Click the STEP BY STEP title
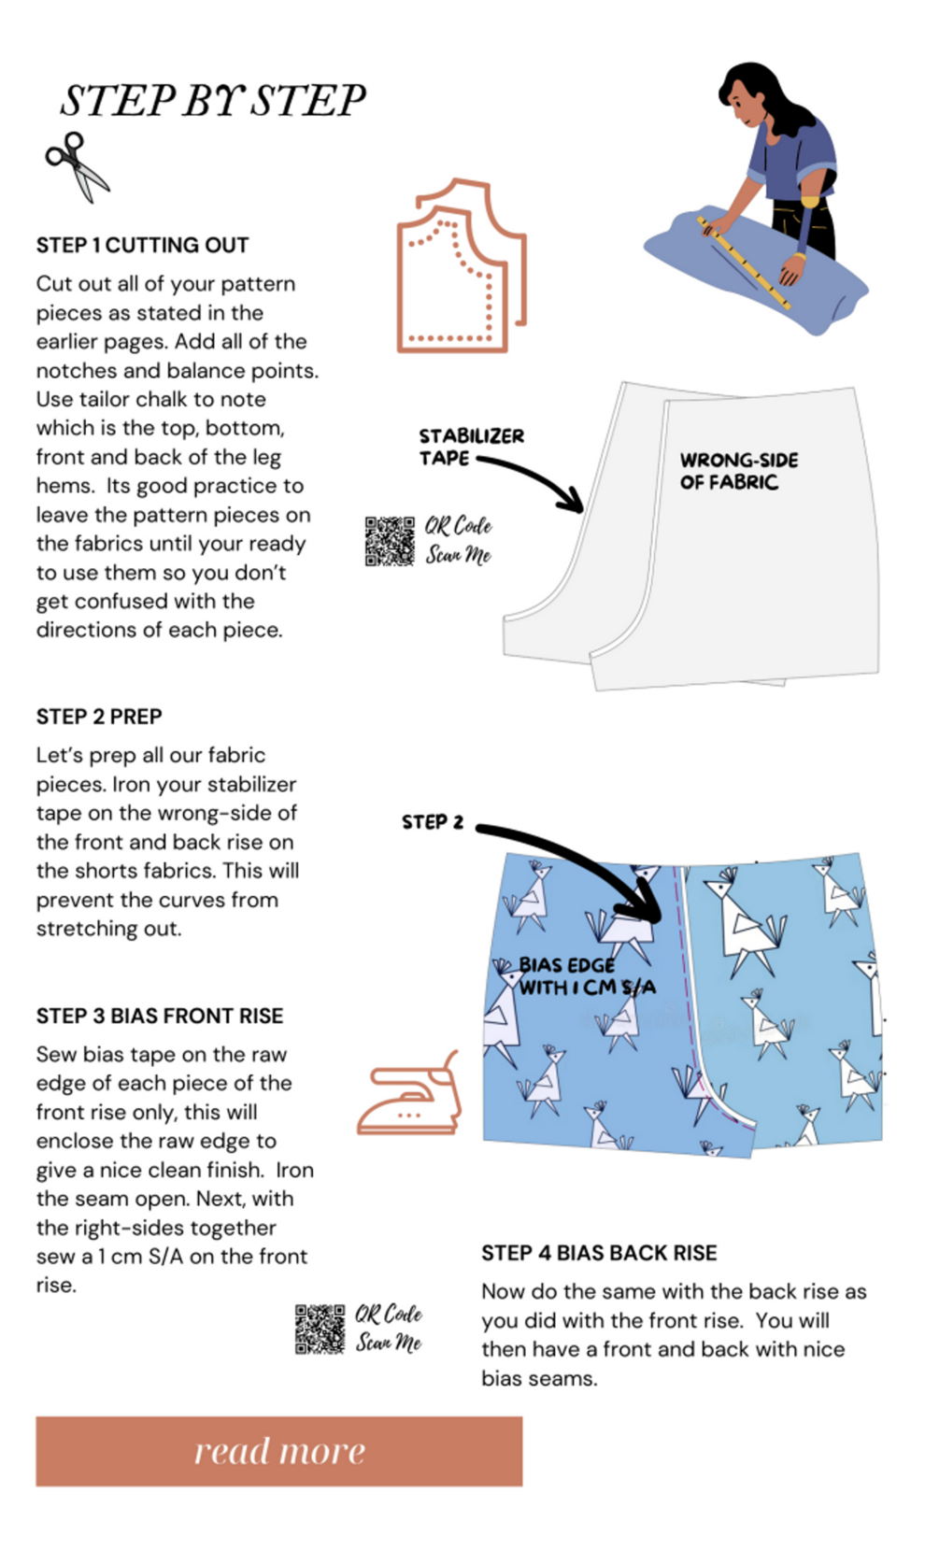[x=213, y=101]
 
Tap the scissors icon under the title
[x=77, y=165]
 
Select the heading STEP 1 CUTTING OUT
[x=142, y=245]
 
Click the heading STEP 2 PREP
[x=99, y=717]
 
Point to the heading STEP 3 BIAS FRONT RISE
[x=159, y=1016]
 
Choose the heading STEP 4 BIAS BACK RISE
[x=599, y=1253]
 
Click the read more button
[x=278, y=1451]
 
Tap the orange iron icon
[x=410, y=1095]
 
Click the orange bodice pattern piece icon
[x=461, y=267]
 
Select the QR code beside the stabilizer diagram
[x=390, y=541]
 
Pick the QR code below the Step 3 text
[x=320, y=1329]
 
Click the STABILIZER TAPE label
[x=470, y=447]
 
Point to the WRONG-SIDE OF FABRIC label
[x=738, y=471]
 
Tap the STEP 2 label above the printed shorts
[x=432, y=822]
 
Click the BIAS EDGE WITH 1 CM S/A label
[x=587, y=976]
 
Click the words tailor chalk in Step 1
[x=135, y=399]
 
